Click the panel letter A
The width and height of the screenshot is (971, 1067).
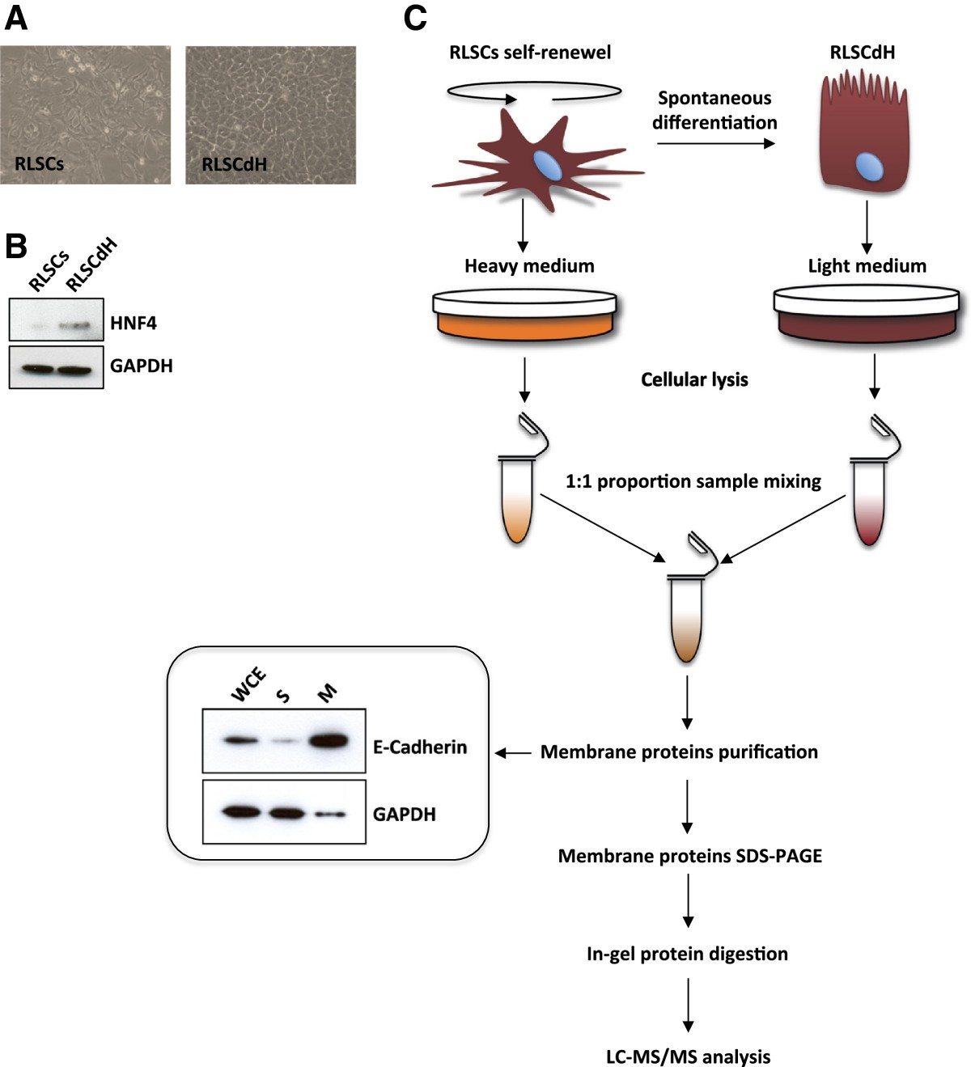pyautogui.click(x=15, y=18)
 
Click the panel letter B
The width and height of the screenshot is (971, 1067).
pyautogui.click(x=15, y=247)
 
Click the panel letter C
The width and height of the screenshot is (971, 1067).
pyautogui.click(x=415, y=18)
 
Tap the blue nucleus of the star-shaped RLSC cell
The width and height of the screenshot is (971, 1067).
pyautogui.click(x=547, y=164)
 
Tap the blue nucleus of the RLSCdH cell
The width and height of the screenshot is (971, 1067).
pyautogui.click(x=870, y=168)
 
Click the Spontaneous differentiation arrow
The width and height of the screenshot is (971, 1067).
pyautogui.click(x=714, y=144)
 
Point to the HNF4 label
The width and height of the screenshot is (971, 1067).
pyautogui.click(x=134, y=324)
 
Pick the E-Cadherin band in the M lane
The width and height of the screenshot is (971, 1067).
pyautogui.click(x=327, y=740)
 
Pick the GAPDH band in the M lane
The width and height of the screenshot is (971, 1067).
pyautogui.click(x=329, y=815)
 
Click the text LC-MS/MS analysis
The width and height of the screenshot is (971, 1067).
pyautogui.click(x=688, y=1056)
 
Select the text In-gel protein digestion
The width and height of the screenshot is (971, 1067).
pyautogui.click(x=687, y=954)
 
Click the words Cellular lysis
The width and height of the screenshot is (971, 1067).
pyautogui.click(x=694, y=379)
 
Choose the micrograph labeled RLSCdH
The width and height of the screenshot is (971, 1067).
pyautogui.click(x=270, y=115)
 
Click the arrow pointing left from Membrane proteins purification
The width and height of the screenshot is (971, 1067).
pyautogui.click(x=513, y=753)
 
